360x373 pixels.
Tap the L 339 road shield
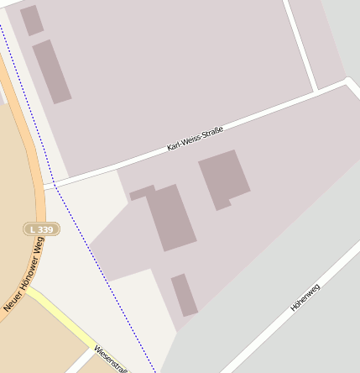[40, 229]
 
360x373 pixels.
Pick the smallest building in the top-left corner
[32, 20]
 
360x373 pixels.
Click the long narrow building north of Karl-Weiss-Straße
[51, 71]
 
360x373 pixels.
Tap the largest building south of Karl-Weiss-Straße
[172, 218]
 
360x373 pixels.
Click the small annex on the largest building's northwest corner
[142, 193]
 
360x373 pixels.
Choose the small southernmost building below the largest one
[185, 295]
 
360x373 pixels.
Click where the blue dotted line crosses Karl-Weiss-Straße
[55, 184]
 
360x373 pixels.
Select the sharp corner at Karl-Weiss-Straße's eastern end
[349, 81]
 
